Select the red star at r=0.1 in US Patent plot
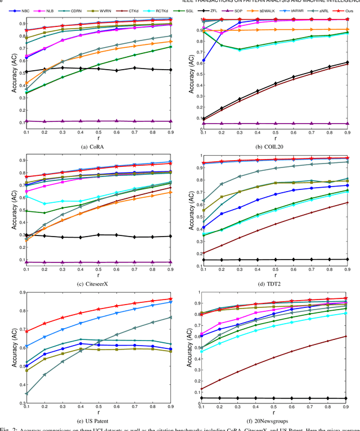pyautogui.click(x=26, y=331)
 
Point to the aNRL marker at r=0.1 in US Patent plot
pyautogui.click(x=26, y=393)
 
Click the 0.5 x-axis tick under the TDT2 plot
pyautogui.click(x=276, y=267)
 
